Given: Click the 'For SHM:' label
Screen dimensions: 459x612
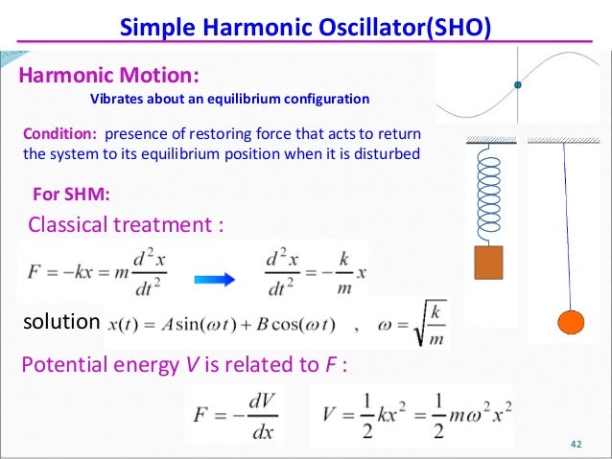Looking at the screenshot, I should coord(72,195).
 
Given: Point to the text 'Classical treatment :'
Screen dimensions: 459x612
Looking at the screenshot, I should coord(127,226).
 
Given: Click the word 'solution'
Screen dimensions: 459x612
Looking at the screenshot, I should coord(60,322).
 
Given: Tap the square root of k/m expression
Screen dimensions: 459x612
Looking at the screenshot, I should coord(423,324).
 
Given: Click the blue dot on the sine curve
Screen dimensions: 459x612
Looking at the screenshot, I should coord(518,85).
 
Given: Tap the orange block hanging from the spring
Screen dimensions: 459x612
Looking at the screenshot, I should coord(488,263).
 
